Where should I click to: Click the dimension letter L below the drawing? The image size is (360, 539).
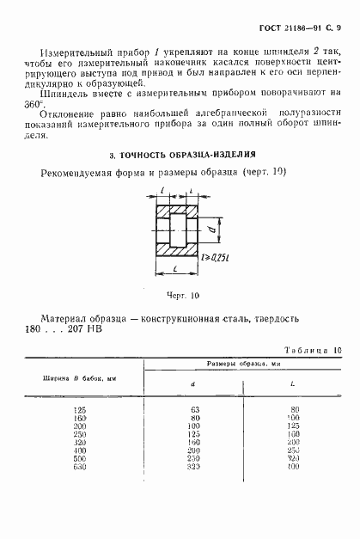(177, 271)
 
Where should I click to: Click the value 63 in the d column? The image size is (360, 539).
(195, 410)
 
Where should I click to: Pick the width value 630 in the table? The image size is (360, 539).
(82, 466)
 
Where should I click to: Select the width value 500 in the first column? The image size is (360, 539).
(82, 458)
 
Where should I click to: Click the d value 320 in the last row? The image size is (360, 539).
(195, 466)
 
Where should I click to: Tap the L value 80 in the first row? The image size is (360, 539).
(295, 410)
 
